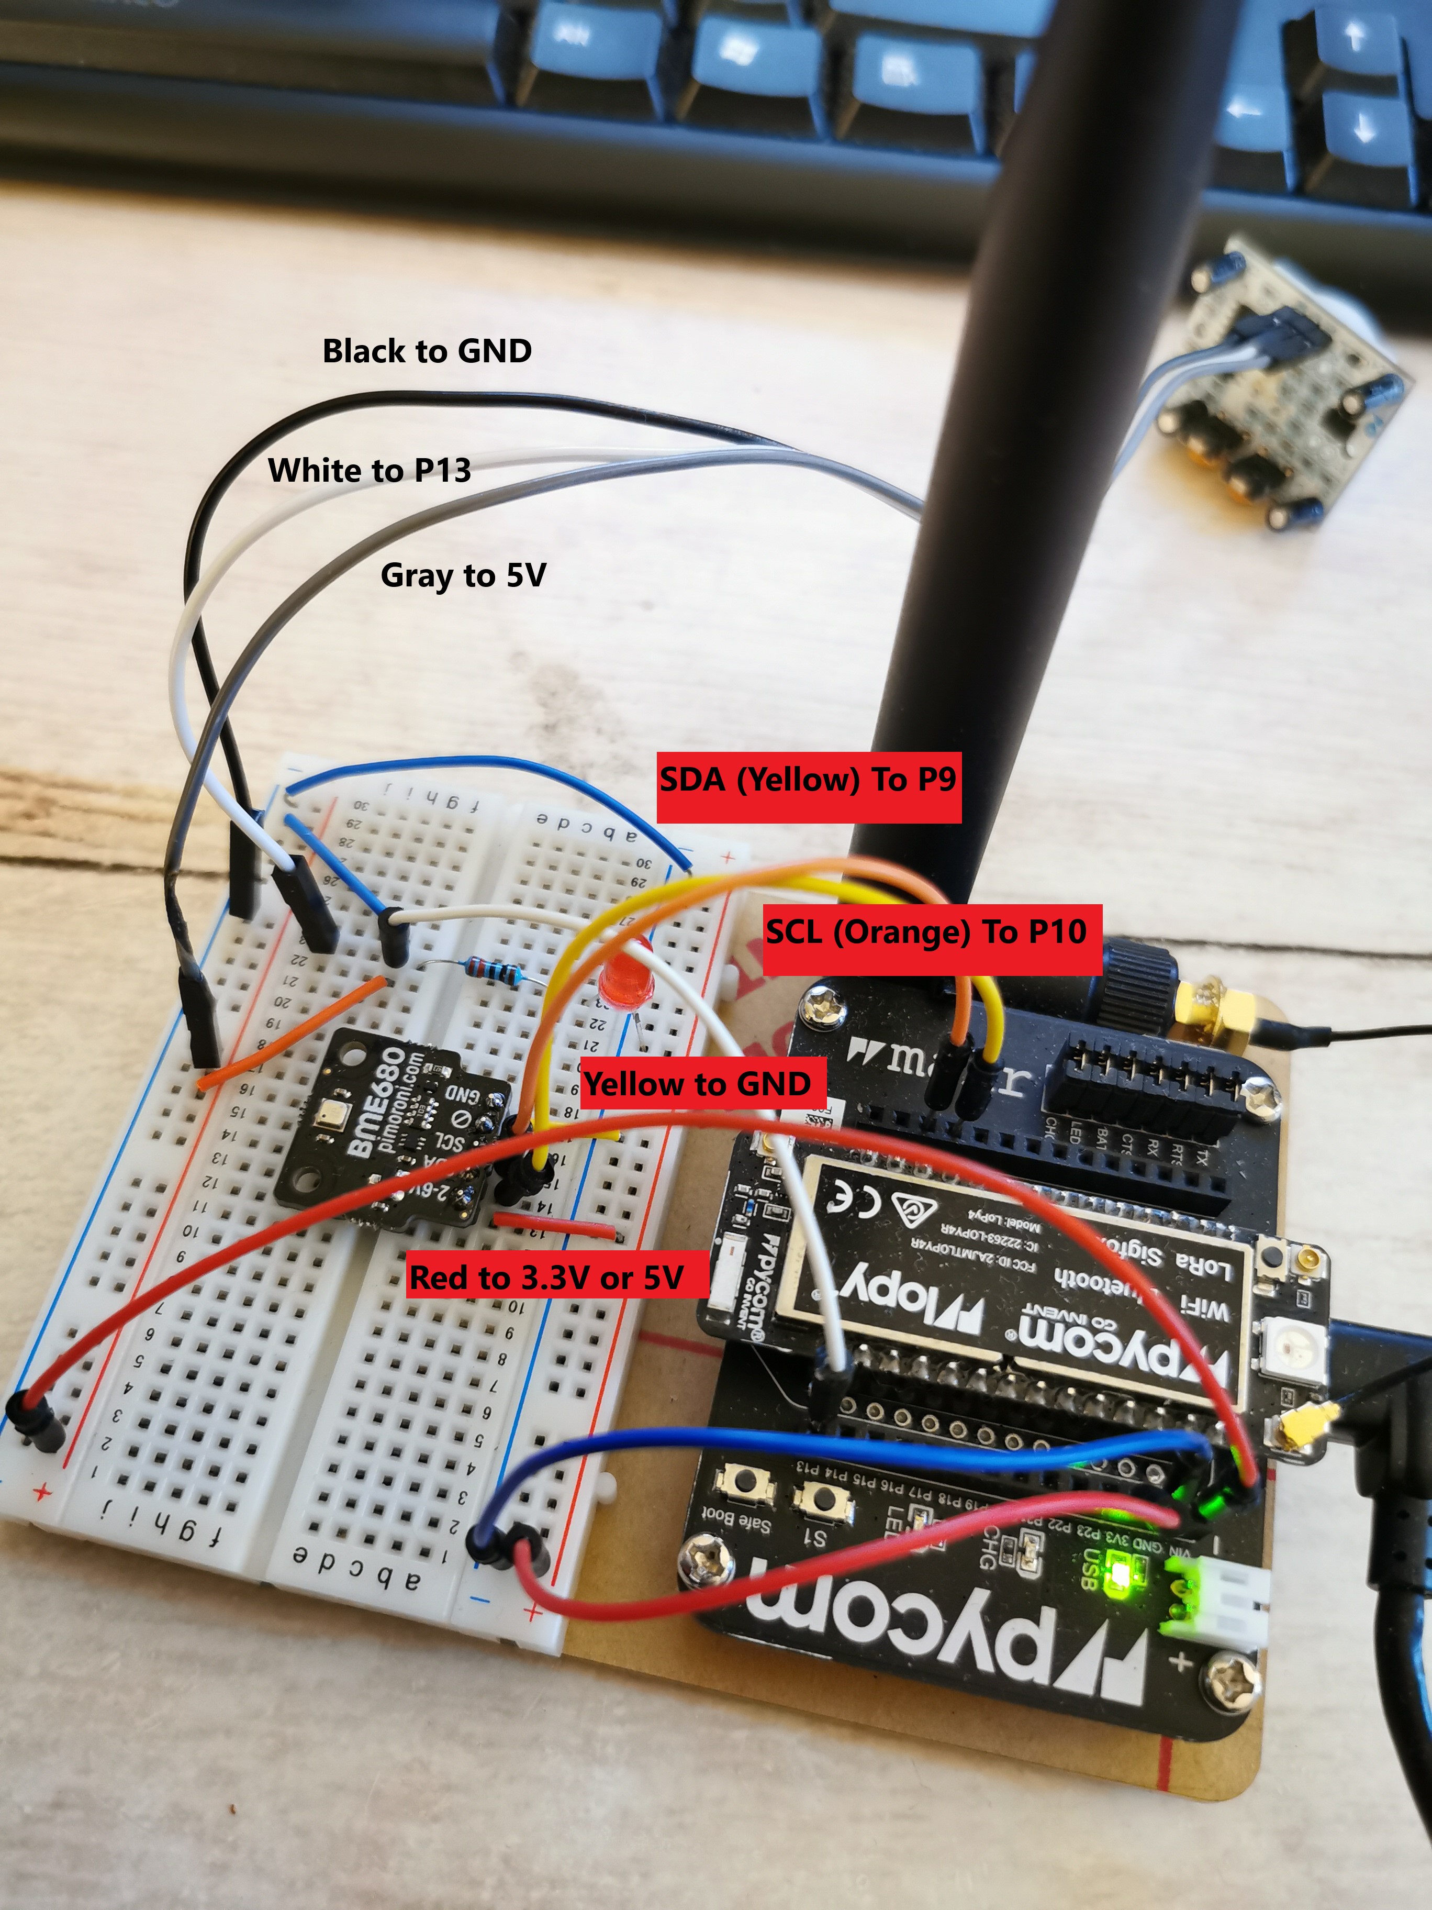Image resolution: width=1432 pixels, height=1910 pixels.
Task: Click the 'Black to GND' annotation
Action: click(427, 351)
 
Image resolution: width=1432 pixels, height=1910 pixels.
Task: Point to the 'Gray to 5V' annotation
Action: click(464, 575)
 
